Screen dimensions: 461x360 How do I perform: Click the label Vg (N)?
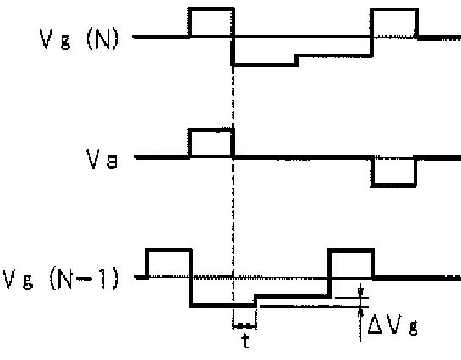(79, 38)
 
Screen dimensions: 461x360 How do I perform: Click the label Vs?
(102, 159)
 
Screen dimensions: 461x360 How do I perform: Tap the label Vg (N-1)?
(60, 278)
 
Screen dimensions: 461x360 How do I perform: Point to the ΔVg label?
(392, 325)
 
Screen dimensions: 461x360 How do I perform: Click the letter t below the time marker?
(245, 341)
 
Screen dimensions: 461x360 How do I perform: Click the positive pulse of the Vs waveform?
(211, 130)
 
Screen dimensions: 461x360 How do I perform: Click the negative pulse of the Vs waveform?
(394, 185)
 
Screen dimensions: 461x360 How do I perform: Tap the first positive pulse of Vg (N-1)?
(169, 250)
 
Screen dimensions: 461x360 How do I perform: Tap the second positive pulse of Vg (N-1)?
(351, 250)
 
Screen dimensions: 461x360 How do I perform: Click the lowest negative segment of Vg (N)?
(265, 64)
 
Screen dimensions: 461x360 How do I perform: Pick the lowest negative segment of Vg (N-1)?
(222, 305)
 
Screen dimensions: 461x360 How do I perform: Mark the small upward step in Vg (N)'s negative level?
(296, 60)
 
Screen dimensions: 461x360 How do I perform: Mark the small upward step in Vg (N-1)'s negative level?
(255, 301)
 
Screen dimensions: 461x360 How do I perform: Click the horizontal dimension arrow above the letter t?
(244, 325)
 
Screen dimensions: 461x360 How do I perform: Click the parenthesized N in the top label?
(102, 38)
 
